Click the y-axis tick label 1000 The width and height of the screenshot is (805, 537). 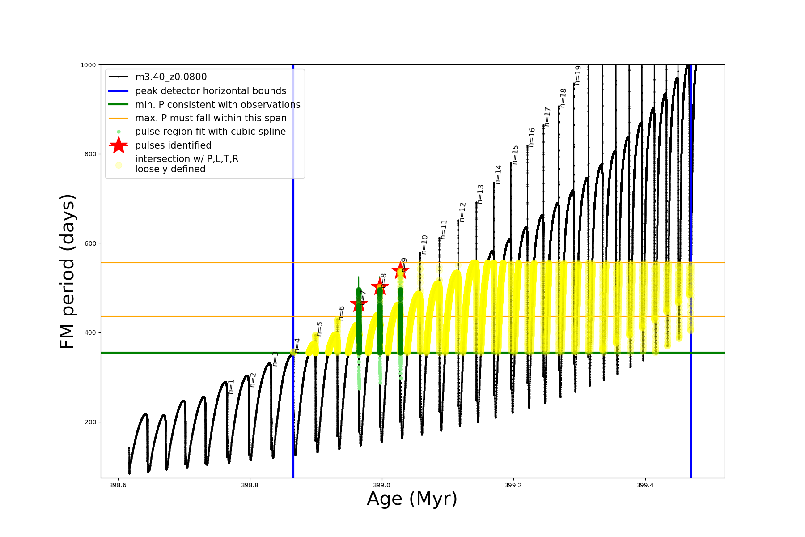(x=88, y=65)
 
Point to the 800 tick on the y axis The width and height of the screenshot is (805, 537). (x=90, y=154)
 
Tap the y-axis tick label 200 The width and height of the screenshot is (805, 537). (x=90, y=422)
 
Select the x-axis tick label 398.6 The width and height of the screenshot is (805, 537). (x=118, y=485)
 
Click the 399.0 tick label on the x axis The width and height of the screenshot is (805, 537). (x=381, y=485)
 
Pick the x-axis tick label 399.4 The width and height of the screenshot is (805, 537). (x=644, y=485)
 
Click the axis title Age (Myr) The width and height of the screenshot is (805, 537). (x=412, y=499)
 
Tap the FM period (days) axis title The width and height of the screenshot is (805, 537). (x=68, y=271)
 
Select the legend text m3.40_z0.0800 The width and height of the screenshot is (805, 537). (x=171, y=77)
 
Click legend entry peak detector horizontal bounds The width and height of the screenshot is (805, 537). (x=210, y=91)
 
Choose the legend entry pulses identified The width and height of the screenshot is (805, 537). (x=173, y=145)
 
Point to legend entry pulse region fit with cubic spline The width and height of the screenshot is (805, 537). (x=210, y=132)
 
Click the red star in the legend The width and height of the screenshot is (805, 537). (x=119, y=145)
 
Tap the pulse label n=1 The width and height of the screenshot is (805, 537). (x=231, y=386)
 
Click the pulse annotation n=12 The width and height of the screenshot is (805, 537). (x=462, y=212)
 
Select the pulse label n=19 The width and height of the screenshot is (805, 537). (x=577, y=75)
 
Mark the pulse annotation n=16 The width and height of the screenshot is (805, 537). (x=532, y=137)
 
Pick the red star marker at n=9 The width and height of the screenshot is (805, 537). (x=400, y=270)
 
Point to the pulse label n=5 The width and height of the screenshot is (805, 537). (x=319, y=328)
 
